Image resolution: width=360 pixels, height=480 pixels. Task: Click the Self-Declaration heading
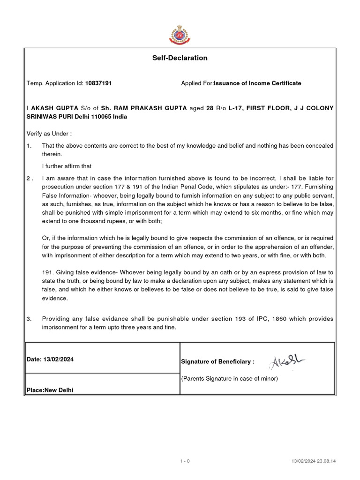(x=180, y=58)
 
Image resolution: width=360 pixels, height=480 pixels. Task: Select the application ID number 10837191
(x=98, y=83)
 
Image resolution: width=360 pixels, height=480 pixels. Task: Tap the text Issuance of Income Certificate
(x=257, y=83)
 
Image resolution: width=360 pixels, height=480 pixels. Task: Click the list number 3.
(x=29, y=319)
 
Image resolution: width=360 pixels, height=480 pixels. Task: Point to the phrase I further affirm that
(x=67, y=166)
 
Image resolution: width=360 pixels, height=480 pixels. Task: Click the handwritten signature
(x=287, y=361)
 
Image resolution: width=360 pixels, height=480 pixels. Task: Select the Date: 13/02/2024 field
(x=50, y=360)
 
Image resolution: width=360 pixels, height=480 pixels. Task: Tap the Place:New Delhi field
(x=50, y=390)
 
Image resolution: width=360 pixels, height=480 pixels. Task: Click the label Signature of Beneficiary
(x=217, y=362)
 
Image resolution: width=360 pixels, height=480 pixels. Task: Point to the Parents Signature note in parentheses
(x=229, y=379)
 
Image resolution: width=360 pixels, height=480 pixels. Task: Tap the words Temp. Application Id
(x=55, y=83)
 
